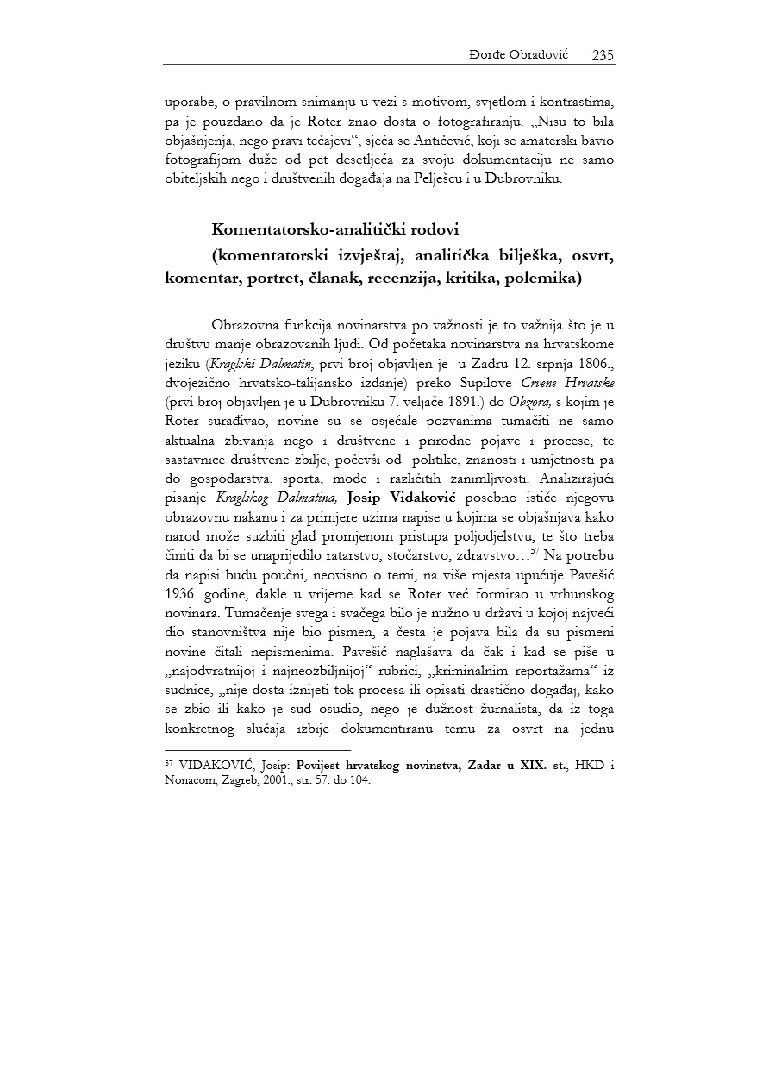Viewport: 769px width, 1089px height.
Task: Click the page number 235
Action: [x=603, y=55]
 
